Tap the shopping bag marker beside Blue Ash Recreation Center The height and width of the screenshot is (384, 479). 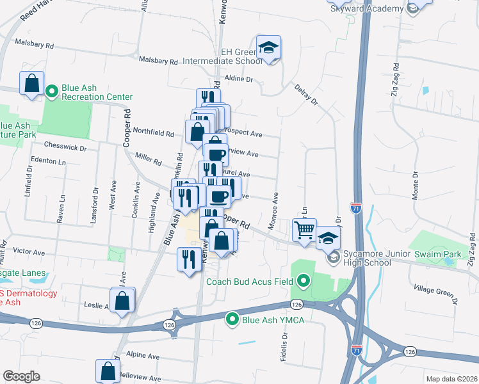pyautogui.click(x=31, y=83)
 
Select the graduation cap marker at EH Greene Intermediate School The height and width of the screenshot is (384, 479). pyautogui.click(x=268, y=48)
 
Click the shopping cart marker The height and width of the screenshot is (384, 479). pyautogui.click(x=305, y=229)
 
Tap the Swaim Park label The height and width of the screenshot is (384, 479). pyautogui.click(x=437, y=254)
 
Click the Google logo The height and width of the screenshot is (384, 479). pyautogui.click(x=22, y=376)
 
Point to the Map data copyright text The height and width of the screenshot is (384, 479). pyautogui.click(x=451, y=379)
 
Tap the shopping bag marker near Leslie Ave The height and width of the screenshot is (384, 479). pyautogui.click(x=122, y=300)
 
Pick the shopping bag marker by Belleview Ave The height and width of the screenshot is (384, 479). pyautogui.click(x=108, y=371)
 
